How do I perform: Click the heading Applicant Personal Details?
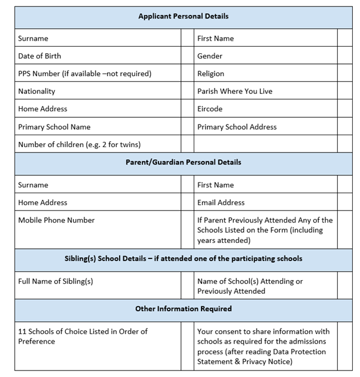pos(183,16)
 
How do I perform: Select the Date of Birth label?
pos(39,56)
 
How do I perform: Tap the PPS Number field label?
pos(84,74)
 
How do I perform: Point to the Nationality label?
pos(36,92)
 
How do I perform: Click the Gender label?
pos(210,56)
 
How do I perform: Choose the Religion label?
pos(211,74)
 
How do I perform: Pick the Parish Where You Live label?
pos(235,92)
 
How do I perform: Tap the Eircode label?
pos(210,109)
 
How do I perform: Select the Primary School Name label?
pos(54,127)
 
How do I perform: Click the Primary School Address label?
pos(237,127)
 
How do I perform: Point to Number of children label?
pos(80,144)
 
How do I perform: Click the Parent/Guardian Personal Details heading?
pos(183,162)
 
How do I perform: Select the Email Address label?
pos(221,202)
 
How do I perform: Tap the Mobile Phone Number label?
pos(56,220)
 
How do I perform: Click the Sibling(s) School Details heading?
pos(183,259)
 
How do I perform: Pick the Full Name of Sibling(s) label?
pos(56,281)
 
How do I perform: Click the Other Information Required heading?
pos(183,309)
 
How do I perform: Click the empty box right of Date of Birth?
pos(187,56)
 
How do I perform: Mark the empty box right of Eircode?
pos(345,109)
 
